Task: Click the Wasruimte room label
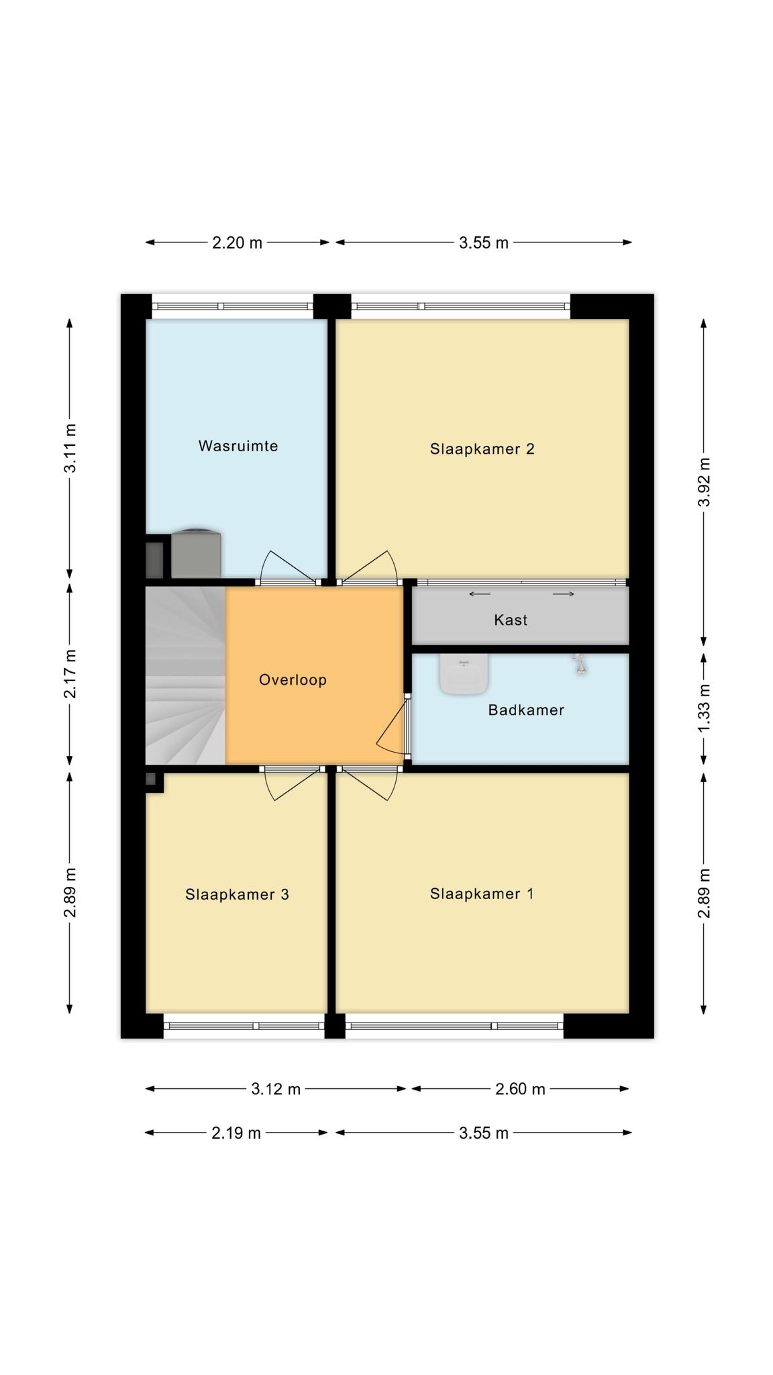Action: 238,446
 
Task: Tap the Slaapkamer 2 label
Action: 482,448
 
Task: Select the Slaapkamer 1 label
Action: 482,894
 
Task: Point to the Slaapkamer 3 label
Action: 237,894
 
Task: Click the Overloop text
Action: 293,679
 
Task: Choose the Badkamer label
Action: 526,710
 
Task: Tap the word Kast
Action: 511,620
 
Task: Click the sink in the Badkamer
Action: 463,674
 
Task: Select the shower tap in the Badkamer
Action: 580,664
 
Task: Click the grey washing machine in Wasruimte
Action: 196,553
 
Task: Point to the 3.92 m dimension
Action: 704,482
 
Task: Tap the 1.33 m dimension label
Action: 704,710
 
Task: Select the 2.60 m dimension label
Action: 520,1089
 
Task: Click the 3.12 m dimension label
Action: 276,1089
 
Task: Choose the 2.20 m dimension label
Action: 237,242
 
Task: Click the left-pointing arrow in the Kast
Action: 479,594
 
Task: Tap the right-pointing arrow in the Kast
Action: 564,594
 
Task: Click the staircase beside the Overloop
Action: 185,675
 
